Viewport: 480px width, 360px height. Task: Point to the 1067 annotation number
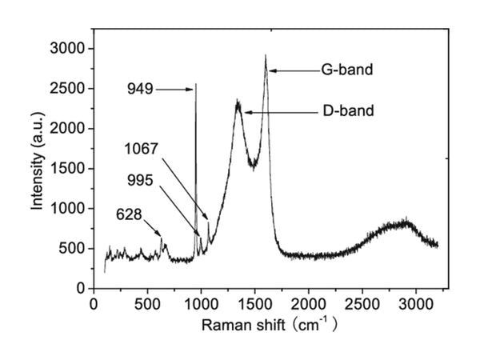[x=142, y=149]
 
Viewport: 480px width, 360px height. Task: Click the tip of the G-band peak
[x=266, y=56]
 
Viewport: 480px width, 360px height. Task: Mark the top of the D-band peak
[x=238, y=102]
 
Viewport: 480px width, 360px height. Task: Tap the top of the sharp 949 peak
[x=196, y=84]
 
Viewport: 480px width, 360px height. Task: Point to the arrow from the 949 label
[x=174, y=89]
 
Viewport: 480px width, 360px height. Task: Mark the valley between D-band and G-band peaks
[x=253, y=165]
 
